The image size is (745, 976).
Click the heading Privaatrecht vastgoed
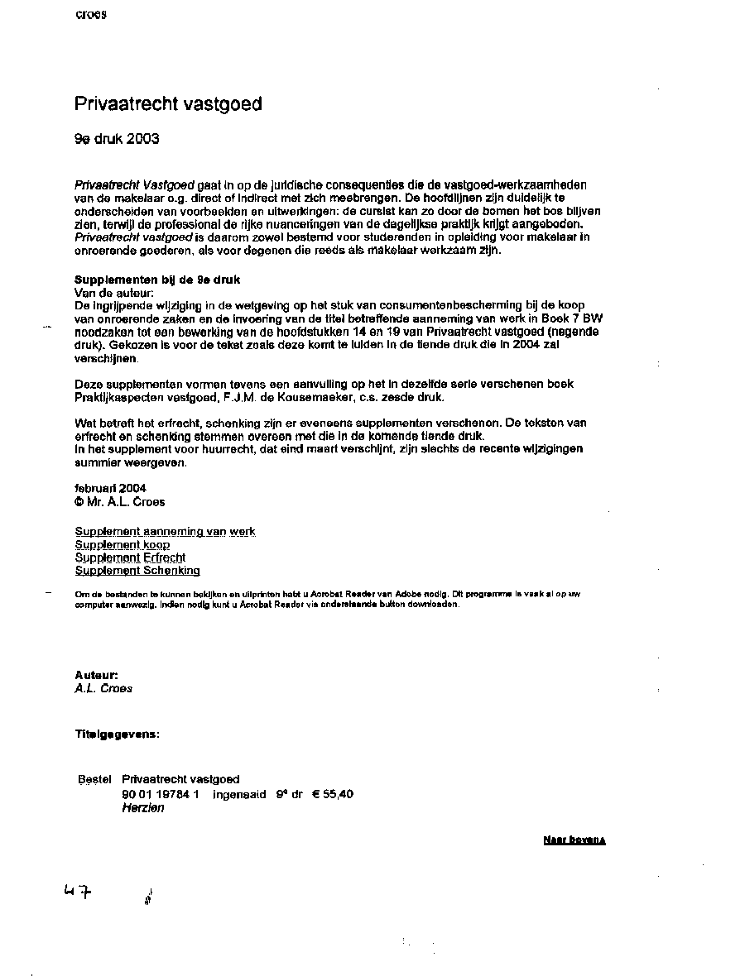(168, 104)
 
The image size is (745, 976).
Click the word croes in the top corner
(90, 15)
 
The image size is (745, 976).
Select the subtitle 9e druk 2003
(117, 139)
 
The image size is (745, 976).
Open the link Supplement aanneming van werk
(165, 532)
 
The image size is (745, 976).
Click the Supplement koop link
(122, 545)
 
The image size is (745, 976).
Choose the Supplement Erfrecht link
(130, 557)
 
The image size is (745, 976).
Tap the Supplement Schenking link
(137, 571)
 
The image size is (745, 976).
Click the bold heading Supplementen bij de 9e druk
(157, 280)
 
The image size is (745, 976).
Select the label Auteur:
(96, 675)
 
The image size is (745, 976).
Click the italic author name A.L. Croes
(103, 688)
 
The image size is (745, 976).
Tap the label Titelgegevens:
(117, 734)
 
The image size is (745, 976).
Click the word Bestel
(94, 779)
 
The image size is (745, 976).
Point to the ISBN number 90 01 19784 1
(161, 794)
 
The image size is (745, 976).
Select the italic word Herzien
(142, 808)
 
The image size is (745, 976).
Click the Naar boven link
(574, 840)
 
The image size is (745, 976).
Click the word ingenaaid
(239, 794)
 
